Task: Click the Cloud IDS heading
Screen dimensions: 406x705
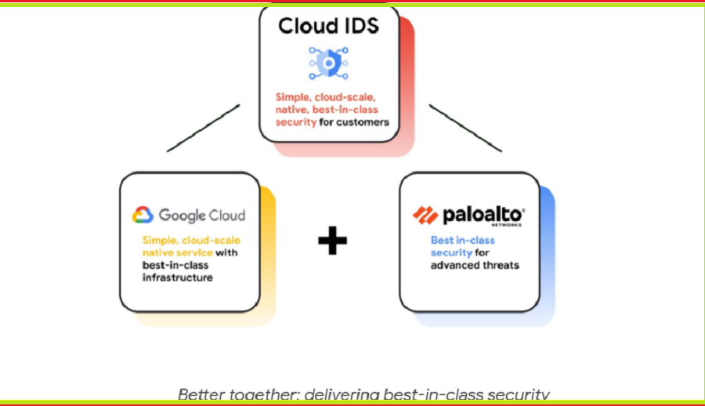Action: coord(328,25)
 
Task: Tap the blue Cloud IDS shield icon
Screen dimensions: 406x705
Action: coord(328,63)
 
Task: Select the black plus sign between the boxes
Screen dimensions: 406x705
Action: coord(332,241)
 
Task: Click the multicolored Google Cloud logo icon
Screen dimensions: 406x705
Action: coord(143,215)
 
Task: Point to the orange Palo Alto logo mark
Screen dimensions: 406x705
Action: coord(425,215)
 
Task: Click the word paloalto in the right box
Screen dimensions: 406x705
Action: coord(483,214)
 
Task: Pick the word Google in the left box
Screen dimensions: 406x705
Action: coord(182,215)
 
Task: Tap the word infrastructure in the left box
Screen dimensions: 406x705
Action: coord(177,277)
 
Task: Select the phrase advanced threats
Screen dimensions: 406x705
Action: coord(475,265)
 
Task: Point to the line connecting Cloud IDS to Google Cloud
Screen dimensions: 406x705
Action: coord(202,128)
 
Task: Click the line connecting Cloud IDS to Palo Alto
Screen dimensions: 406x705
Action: coord(465,128)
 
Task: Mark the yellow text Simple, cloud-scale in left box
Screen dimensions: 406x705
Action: coord(191,240)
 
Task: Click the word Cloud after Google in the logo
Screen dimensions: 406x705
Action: coord(227,215)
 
